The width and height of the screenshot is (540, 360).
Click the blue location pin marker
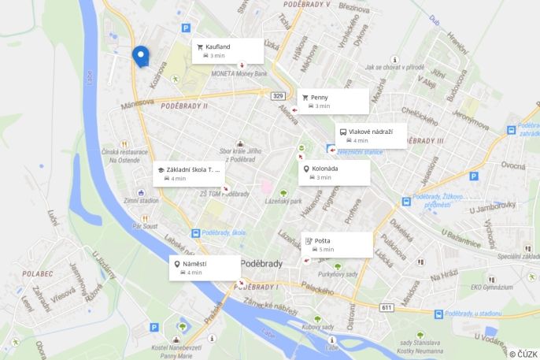[140, 56]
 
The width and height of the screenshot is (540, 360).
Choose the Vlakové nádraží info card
[371, 135]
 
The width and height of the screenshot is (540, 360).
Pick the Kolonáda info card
[335, 173]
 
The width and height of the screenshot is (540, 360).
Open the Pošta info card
[337, 244]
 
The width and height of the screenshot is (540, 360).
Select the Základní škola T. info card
[189, 173]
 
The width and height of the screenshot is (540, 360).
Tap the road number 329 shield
[278, 96]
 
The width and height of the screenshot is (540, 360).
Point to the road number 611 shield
[386, 306]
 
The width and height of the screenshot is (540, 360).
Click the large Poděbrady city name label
[261, 263]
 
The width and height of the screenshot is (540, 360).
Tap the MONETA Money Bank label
[239, 73]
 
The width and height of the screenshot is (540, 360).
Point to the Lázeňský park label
[284, 202]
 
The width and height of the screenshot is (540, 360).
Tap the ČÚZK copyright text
[523, 354]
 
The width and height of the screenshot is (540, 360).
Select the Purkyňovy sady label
[338, 274]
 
